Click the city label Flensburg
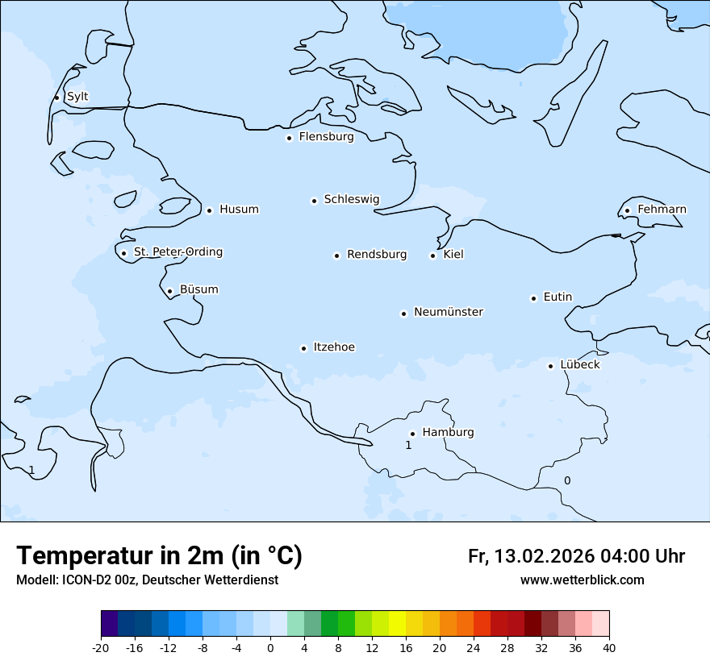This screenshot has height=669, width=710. (326, 137)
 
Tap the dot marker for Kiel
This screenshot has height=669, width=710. (433, 256)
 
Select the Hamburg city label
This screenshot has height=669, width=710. (448, 433)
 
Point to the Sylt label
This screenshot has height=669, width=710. (77, 97)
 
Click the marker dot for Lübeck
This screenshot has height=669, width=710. (551, 366)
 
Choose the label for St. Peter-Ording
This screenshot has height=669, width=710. (177, 252)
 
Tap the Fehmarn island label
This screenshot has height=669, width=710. (662, 210)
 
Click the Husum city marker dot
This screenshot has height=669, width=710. (209, 210)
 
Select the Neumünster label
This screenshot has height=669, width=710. (449, 312)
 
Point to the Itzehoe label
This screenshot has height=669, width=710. (334, 347)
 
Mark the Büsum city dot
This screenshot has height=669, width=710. (169, 291)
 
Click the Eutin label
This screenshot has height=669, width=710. (558, 297)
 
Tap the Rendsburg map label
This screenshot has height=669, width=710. (377, 255)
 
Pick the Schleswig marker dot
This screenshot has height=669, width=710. (314, 201)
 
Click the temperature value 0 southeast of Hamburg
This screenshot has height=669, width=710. (566, 480)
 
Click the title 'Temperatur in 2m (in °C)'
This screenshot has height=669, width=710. (159, 555)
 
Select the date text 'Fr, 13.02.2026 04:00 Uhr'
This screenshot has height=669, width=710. (576, 556)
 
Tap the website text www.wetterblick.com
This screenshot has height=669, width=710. (582, 580)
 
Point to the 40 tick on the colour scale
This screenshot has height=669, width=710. (609, 647)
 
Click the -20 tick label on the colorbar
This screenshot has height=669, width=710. (101, 647)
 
